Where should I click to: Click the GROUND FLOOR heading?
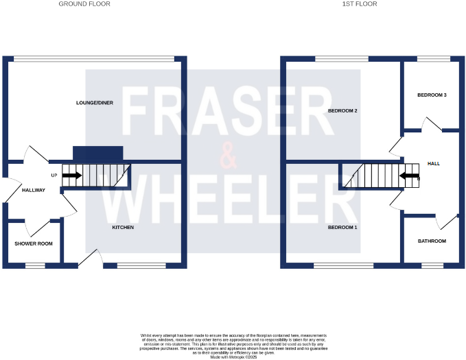tap(84, 4)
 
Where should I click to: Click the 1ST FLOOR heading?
tap(357, 4)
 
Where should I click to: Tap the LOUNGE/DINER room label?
tap(95, 103)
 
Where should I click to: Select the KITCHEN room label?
tap(124, 227)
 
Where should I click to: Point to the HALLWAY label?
tap(33, 190)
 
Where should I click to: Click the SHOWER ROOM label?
tap(34, 243)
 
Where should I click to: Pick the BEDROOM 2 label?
tap(343, 110)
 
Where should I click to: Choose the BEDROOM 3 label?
tap(432, 95)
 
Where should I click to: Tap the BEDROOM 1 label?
tap(342, 227)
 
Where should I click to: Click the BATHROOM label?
tap(432, 241)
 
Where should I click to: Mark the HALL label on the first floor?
tap(434, 164)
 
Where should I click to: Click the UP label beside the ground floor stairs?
tap(54, 175)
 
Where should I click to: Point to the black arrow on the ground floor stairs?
tap(71, 175)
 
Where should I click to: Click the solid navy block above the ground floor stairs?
tap(97, 154)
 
